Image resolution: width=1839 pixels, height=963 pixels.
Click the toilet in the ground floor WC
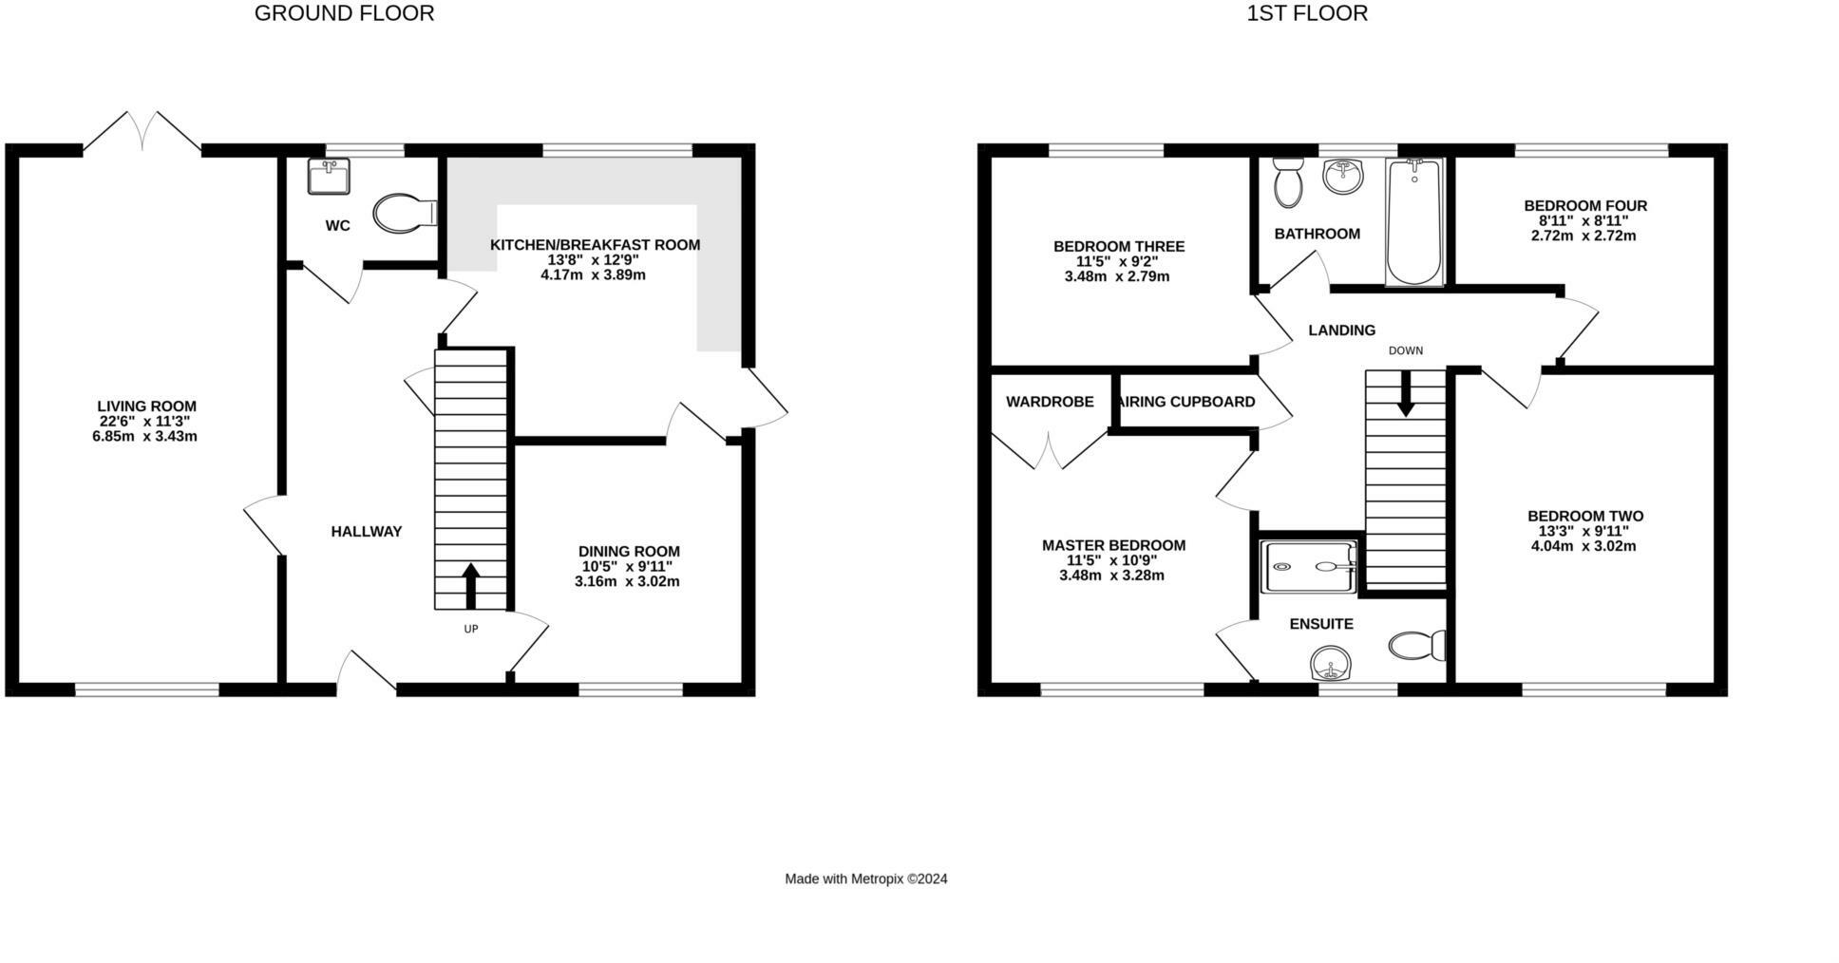point(402,214)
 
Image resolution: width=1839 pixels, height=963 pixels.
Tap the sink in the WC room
point(329,176)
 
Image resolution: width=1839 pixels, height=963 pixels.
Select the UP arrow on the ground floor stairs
point(470,585)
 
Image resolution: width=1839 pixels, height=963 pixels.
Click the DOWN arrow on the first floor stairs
point(1405,392)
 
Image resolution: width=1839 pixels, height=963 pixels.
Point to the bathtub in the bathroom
point(1413,222)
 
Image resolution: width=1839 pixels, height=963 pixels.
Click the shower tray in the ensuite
point(1309,567)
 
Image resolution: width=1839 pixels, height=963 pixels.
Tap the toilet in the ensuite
point(1416,646)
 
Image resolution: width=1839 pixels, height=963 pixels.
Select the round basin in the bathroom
point(1342,176)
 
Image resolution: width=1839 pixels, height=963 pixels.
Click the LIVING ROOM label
point(146,406)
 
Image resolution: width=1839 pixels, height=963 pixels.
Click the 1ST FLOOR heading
point(1307,13)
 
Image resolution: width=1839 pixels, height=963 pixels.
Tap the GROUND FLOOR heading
point(344,13)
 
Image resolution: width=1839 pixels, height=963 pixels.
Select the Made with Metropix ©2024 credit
point(865,879)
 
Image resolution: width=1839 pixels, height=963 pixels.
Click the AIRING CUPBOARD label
point(1187,402)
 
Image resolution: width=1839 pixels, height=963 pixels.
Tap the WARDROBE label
point(1050,402)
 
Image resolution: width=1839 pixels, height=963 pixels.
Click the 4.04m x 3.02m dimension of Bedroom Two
point(1583,546)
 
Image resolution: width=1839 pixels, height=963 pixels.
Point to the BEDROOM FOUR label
point(1584,205)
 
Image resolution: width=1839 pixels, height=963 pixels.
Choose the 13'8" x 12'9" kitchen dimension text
point(593,260)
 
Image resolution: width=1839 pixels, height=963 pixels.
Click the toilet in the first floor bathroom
point(1288,182)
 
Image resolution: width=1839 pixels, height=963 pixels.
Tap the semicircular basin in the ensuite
point(1330,663)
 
